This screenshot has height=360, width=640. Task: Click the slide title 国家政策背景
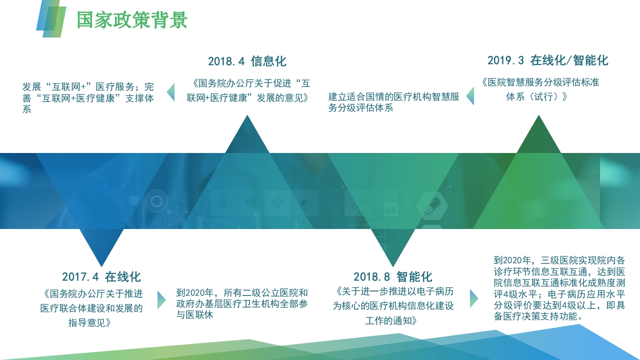coord(132,20)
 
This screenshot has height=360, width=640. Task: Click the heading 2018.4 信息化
coord(247,61)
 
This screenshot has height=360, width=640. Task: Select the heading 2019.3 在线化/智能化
coord(547,60)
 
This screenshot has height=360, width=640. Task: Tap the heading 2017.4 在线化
coord(101,276)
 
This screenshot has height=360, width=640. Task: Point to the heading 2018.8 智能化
coord(393,276)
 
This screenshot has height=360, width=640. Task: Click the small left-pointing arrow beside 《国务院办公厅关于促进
coord(170,92)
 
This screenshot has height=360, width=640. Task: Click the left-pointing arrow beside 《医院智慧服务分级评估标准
coord(470,96)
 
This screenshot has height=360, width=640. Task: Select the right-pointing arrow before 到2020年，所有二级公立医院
coord(161,300)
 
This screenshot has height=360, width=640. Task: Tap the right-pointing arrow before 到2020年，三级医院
coord(474,298)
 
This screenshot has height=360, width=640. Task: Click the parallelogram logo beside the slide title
coord(51,19)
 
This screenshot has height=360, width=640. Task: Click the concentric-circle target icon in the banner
coord(156,201)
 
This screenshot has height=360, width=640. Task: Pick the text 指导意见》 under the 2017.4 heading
coord(89,323)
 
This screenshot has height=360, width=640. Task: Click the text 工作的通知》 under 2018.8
coord(391,320)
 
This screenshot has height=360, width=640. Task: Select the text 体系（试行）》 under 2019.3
coord(537,96)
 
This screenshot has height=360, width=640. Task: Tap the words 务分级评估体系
coord(360,108)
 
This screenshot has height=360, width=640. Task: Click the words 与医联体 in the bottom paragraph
coord(194,315)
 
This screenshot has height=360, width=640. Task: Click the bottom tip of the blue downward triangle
coord(101,267)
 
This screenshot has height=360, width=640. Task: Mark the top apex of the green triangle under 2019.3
coord(538,115)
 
